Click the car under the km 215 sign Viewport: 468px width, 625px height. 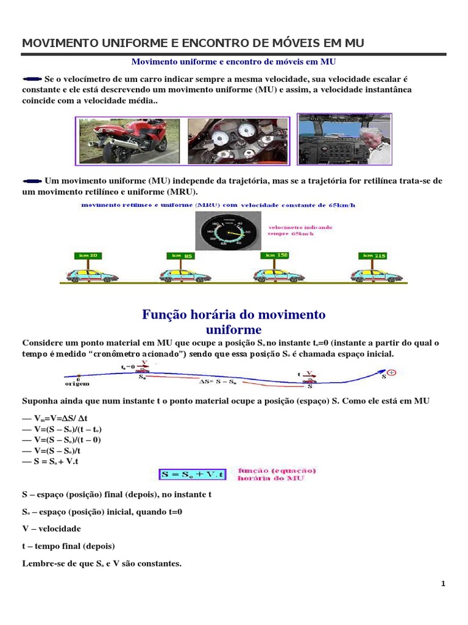[x=377, y=275]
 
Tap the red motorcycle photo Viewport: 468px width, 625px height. [x=128, y=141]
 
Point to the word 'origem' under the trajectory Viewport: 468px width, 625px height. [x=77, y=384]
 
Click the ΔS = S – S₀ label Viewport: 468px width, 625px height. [x=218, y=381]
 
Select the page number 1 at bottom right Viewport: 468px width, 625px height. [x=444, y=583]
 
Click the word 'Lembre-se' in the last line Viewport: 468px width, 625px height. [x=41, y=563]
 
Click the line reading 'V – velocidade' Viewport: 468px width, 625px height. [x=51, y=529]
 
